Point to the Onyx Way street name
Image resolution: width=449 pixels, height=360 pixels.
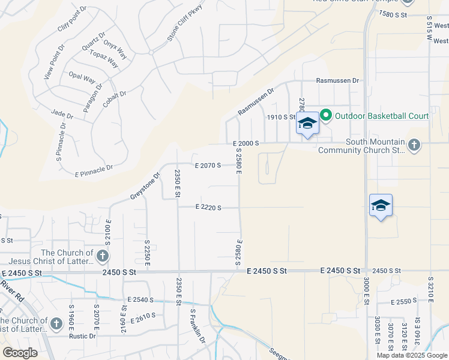coord(115,49)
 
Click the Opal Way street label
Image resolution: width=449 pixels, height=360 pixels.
coord(82,77)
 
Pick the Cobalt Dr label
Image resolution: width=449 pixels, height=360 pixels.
coord(114,99)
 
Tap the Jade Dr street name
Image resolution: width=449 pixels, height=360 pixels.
coord(62,114)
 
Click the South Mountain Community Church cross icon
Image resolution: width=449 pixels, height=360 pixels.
coord(414,145)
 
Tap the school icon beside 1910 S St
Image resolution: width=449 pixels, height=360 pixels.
coord(307,124)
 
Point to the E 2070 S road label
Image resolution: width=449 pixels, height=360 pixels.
coord(208,165)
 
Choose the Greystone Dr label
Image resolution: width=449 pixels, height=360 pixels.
coord(145,187)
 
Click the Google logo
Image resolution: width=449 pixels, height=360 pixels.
coord(20,353)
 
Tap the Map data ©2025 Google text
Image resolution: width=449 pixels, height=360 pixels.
coord(412,355)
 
